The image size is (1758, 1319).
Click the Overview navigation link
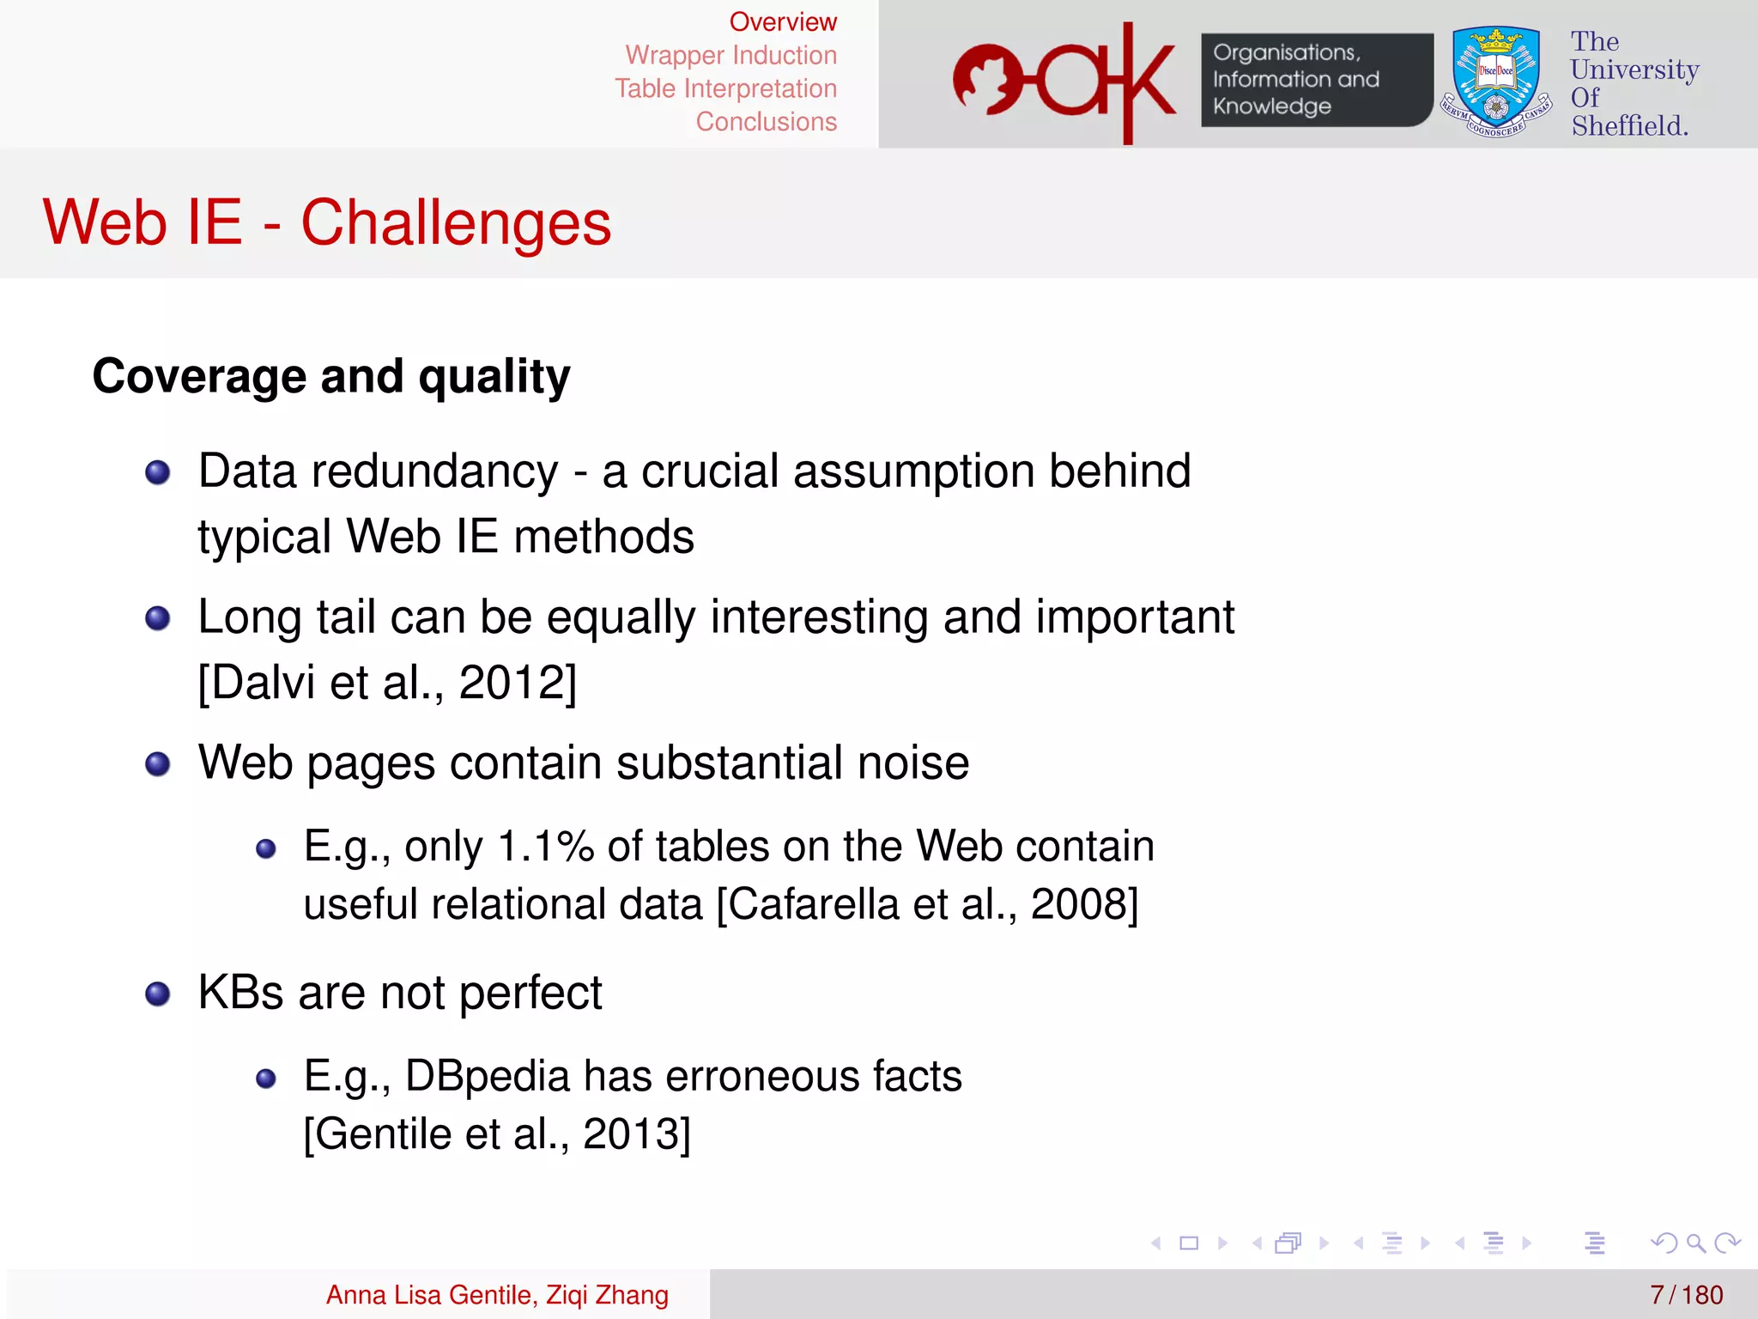pyautogui.click(x=782, y=21)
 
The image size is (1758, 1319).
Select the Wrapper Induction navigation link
pyautogui.click(x=730, y=55)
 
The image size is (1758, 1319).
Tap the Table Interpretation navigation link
pyautogui.click(x=725, y=88)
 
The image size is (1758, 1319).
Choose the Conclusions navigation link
pyautogui.click(x=766, y=122)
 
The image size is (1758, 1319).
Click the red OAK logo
pyautogui.click(x=1064, y=82)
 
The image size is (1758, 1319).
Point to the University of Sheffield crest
pyautogui.click(x=1495, y=82)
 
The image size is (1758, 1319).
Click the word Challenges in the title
pyautogui.click(x=456, y=222)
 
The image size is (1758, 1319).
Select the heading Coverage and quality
pyautogui.click(x=331, y=376)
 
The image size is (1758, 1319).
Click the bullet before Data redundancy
pyautogui.click(x=158, y=472)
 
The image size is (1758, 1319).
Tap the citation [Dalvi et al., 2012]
pyautogui.click(x=387, y=683)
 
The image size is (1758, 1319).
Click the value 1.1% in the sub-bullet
pyautogui.click(x=546, y=846)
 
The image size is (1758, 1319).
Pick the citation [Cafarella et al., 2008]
pyautogui.click(x=927, y=904)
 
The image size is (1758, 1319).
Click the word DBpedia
pyautogui.click(x=487, y=1076)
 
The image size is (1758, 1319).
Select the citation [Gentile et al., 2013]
pyautogui.click(x=497, y=1134)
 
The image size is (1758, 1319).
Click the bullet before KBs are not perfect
pyautogui.click(x=158, y=994)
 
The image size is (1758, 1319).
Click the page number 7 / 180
pyautogui.click(x=1686, y=1294)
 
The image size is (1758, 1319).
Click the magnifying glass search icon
pyautogui.click(x=1695, y=1243)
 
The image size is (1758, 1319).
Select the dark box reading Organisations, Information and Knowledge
pyautogui.click(x=1315, y=80)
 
